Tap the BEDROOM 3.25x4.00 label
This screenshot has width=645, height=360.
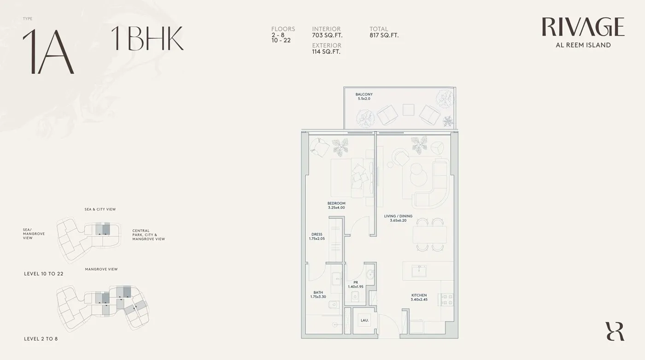click(x=336, y=205)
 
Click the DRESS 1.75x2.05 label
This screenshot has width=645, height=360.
click(x=317, y=236)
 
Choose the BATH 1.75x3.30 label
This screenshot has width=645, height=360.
click(x=318, y=295)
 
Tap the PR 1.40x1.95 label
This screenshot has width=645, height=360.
click(x=356, y=284)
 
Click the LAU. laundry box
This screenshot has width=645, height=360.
click(x=365, y=320)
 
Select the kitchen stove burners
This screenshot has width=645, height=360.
click(x=446, y=300)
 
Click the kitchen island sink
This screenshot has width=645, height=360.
click(x=419, y=271)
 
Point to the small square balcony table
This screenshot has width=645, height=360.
click(x=408, y=110)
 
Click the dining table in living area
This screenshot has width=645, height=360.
click(x=429, y=235)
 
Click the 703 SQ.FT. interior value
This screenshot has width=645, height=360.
click(x=327, y=35)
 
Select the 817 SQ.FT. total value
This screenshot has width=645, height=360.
click(x=384, y=35)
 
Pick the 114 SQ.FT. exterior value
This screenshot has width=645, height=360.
click(x=326, y=52)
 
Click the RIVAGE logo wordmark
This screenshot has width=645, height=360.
click(x=583, y=27)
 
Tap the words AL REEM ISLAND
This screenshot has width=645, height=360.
click(x=583, y=45)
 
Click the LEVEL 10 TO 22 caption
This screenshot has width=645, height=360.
click(x=44, y=274)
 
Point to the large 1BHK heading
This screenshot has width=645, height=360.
click(x=147, y=38)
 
